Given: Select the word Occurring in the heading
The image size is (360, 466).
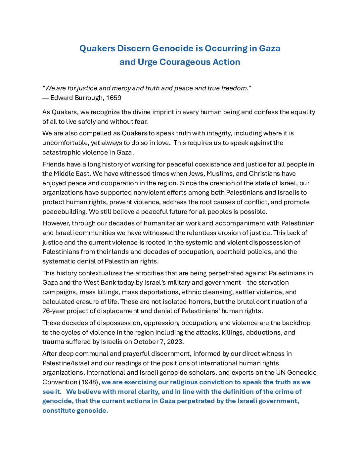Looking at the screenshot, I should pos(226,49).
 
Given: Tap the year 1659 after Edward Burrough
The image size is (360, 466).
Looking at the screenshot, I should pos(114,98).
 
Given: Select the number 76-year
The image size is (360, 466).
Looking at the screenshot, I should pos(54,311).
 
